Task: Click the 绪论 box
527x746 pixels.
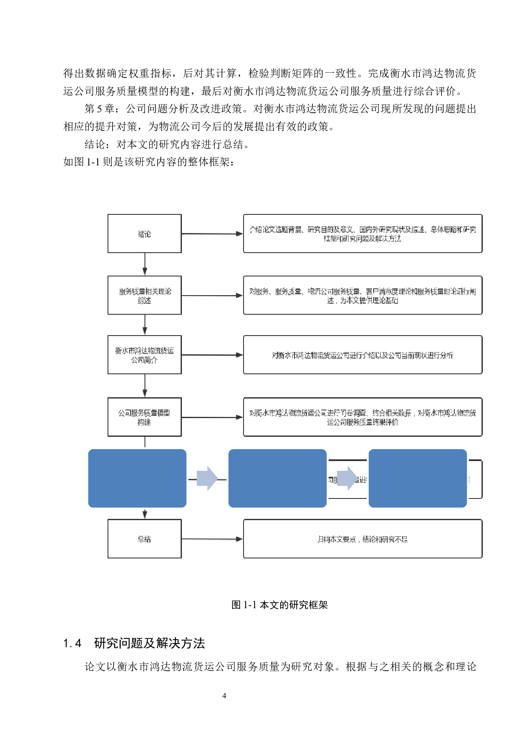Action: tap(144, 233)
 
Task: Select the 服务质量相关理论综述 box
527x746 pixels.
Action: tap(144, 295)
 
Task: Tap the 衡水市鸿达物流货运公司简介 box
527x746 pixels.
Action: tap(144, 355)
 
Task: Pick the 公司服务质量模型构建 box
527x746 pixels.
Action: tap(144, 417)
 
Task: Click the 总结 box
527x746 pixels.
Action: tap(144, 538)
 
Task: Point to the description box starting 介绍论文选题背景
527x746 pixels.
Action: tap(363, 233)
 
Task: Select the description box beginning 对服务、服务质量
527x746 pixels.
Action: tap(363, 295)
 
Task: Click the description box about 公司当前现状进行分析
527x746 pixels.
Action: tap(363, 355)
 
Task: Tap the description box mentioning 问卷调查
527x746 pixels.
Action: tap(363, 417)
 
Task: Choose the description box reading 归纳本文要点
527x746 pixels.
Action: tap(363, 538)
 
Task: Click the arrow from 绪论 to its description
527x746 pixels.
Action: tap(212, 233)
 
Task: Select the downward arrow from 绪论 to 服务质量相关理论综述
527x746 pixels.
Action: tap(145, 264)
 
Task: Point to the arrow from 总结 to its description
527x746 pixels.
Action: tap(212, 539)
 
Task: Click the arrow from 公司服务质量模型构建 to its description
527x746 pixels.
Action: tap(212, 417)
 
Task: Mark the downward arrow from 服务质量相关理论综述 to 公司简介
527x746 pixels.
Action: tap(145, 325)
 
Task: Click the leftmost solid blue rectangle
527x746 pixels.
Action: tap(137, 478)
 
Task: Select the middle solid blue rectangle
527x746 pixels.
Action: tap(278, 478)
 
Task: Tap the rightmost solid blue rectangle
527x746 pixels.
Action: tap(418, 478)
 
